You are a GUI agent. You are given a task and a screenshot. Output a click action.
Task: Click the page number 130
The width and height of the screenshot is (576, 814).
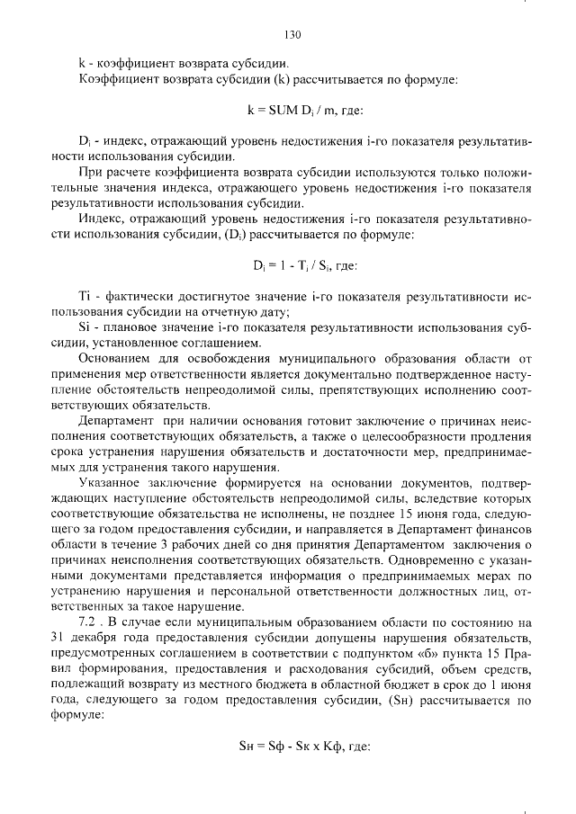[x=291, y=35]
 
